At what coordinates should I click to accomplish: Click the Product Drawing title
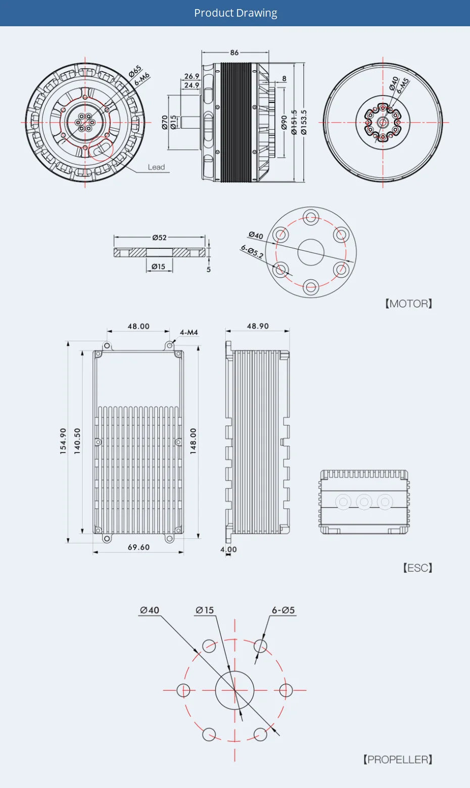point(236,13)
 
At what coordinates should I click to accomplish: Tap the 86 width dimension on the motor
point(234,52)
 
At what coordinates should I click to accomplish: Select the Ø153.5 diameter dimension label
point(304,122)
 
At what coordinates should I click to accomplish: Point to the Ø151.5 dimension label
point(294,122)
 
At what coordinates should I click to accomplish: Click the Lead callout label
point(156,167)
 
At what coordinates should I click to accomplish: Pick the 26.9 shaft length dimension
point(192,76)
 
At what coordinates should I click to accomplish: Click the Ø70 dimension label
point(165,122)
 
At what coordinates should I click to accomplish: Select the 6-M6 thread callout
point(143,79)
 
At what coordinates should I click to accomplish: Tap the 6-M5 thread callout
point(403,85)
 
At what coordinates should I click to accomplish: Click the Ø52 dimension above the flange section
point(159,237)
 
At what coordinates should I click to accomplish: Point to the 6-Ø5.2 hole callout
point(252,251)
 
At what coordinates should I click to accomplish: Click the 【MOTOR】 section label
point(409,303)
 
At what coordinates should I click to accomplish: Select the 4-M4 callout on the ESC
point(189,332)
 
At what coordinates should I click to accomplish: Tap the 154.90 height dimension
point(63,441)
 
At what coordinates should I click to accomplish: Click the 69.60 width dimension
point(138,547)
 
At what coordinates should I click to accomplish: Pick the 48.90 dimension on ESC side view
point(258,326)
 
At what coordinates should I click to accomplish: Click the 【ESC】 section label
point(417,568)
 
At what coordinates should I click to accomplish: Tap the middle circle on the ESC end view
point(364,502)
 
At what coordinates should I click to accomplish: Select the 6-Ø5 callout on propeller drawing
point(283,610)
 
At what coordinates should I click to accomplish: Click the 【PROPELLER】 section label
point(398,759)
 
